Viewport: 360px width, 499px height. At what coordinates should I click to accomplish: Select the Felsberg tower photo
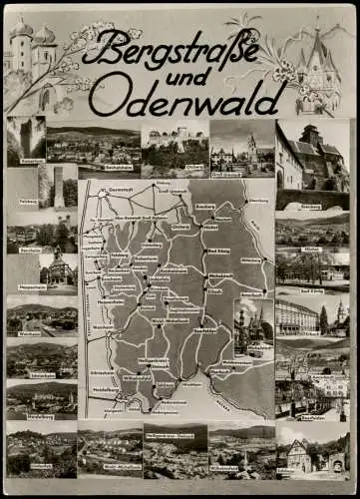(x=56, y=187)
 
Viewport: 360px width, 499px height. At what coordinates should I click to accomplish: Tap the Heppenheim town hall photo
(x=57, y=273)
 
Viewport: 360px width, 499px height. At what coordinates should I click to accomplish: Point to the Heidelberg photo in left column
(x=41, y=399)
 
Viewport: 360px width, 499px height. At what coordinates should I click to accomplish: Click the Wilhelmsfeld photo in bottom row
(x=240, y=451)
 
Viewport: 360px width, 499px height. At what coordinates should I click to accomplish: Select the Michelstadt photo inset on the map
(x=253, y=324)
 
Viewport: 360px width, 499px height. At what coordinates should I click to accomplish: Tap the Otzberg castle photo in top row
(x=176, y=140)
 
